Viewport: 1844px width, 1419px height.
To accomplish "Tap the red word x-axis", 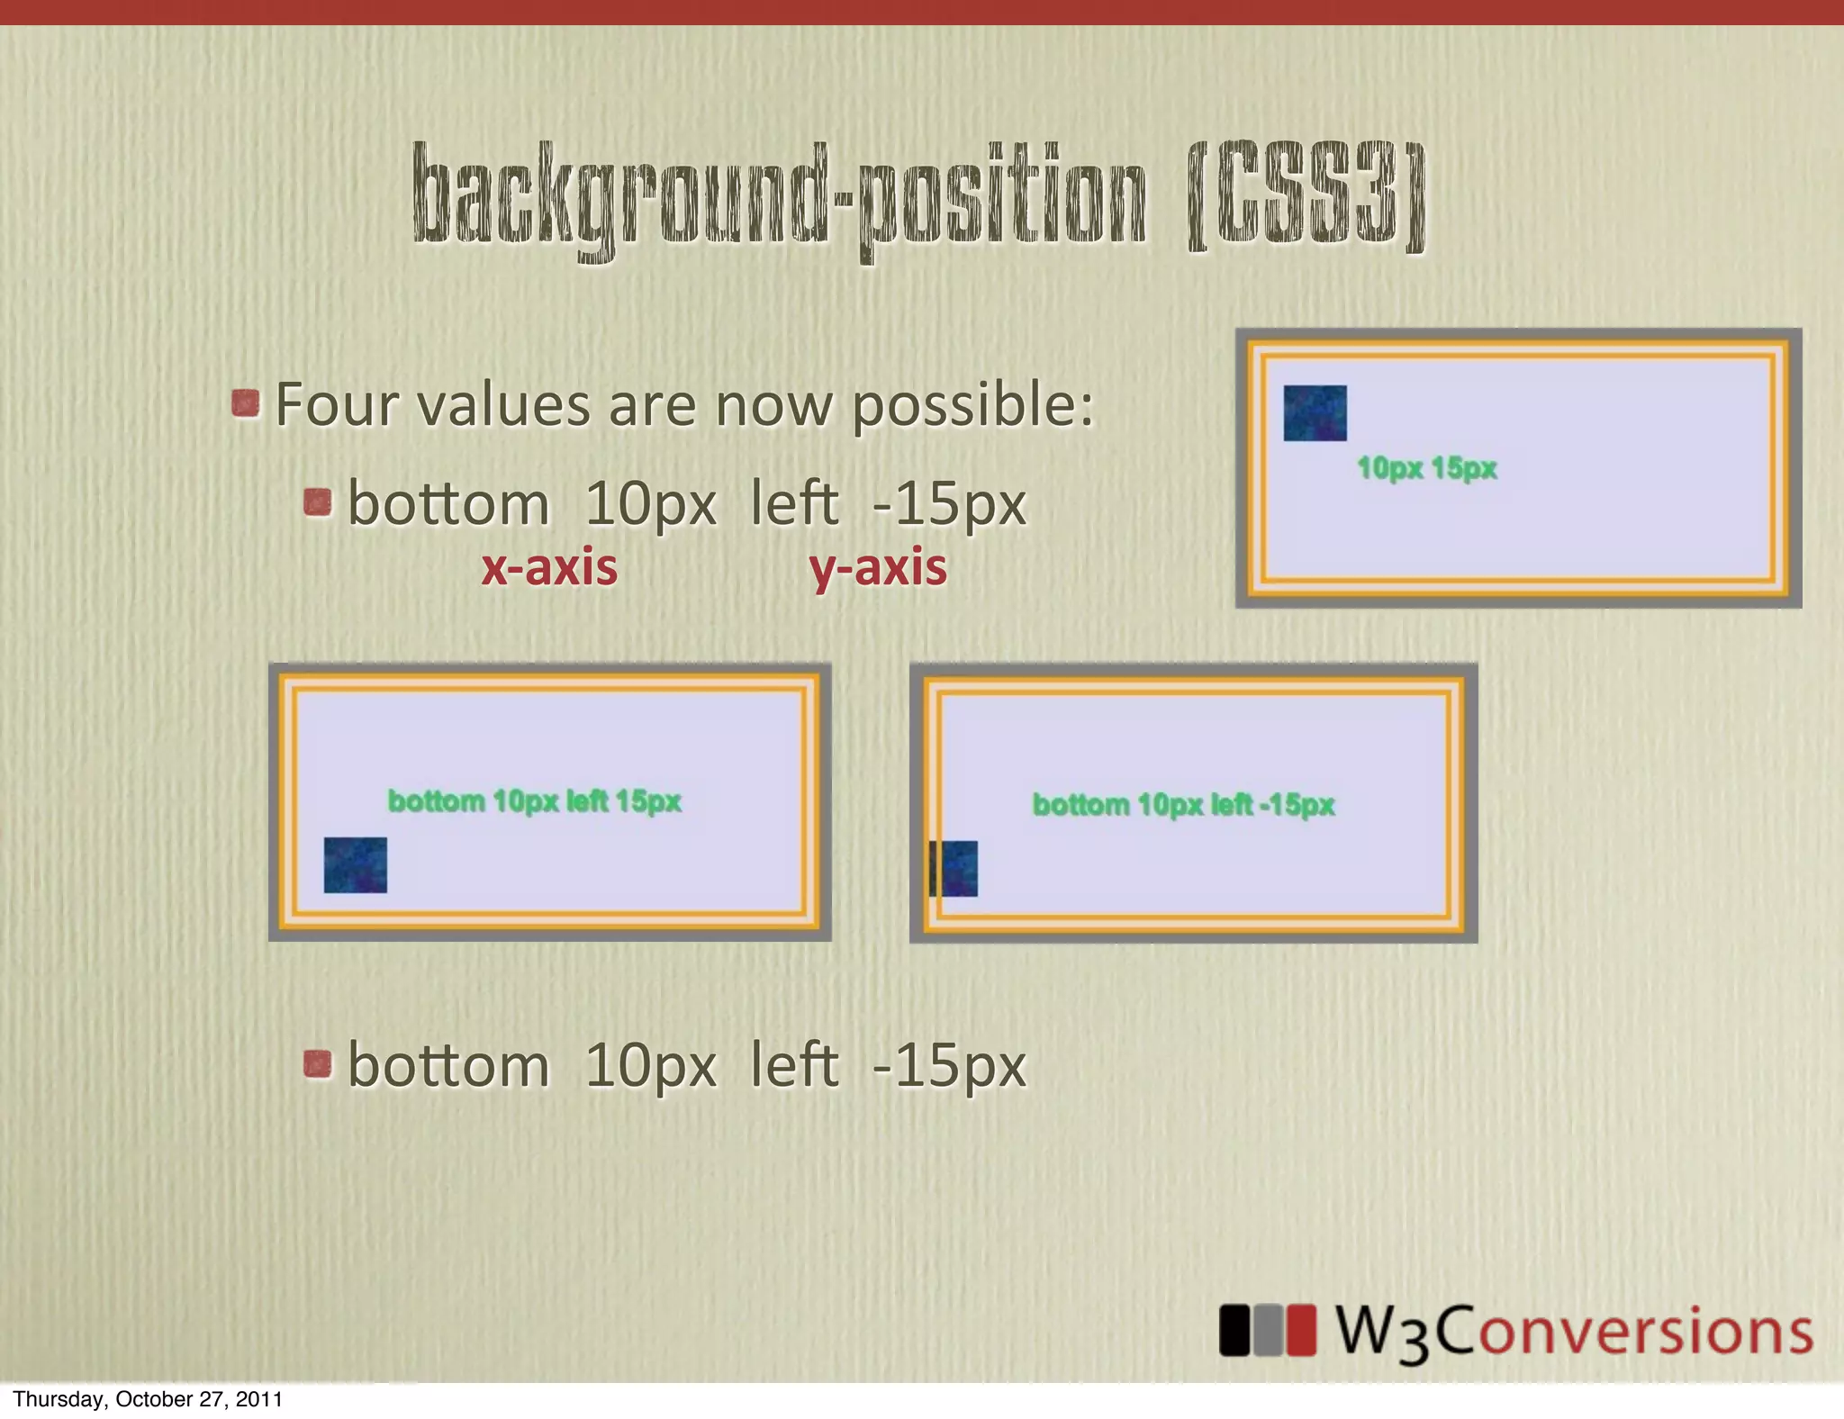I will pyautogui.click(x=549, y=568).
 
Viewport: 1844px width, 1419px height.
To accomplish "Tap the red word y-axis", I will pyautogui.click(x=878, y=568).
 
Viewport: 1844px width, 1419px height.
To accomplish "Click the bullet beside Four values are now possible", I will pyautogui.click(x=245, y=403).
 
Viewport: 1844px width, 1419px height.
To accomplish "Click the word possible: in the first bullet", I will pyautogui.click(x=972, y=406).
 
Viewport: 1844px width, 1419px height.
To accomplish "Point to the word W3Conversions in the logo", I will pyautogui.click(x=1574, y=1332).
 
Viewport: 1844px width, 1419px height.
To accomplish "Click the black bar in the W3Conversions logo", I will pyautogui.click(x=1234, y=1330).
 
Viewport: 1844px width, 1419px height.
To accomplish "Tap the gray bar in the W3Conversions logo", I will pyautogui.click(x=1268, y=1330).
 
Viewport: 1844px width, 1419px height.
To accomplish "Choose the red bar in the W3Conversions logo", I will pyautogui.click(x=1301, y=1330).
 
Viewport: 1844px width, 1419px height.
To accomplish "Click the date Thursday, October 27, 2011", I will pyautogui.click(x=148, y=1399).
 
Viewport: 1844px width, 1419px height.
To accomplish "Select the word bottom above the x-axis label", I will pyautogui.click(x=448, y=503).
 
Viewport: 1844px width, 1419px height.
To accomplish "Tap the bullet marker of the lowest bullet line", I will pyautogui.click(x=317, y=1064).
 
